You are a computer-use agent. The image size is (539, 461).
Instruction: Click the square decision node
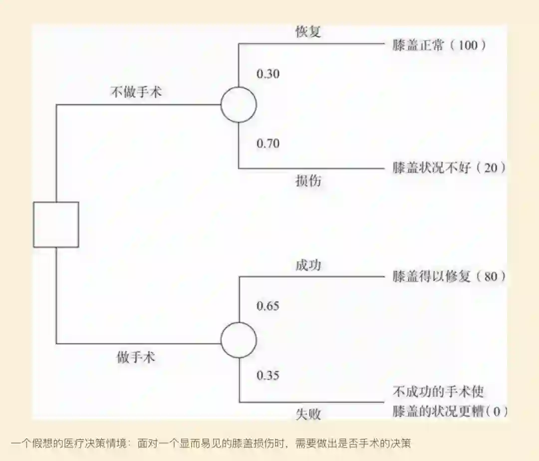(56, 224)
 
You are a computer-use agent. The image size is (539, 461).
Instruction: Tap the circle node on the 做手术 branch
(239, 340)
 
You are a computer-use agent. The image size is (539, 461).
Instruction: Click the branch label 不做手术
(136, 92)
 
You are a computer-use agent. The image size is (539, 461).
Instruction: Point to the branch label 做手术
(136, 357)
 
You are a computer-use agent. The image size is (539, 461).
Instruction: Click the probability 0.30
(268, 74)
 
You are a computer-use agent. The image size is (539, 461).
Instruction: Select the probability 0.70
(268, 144)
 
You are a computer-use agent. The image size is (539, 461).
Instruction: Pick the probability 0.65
(268, 306)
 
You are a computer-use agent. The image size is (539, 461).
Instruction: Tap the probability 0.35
(268, 375)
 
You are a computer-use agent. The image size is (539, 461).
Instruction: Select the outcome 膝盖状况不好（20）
(449, 168)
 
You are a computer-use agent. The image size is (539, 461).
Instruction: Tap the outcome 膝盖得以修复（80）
(449, 276)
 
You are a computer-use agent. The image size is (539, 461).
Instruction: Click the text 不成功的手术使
(438, 391)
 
